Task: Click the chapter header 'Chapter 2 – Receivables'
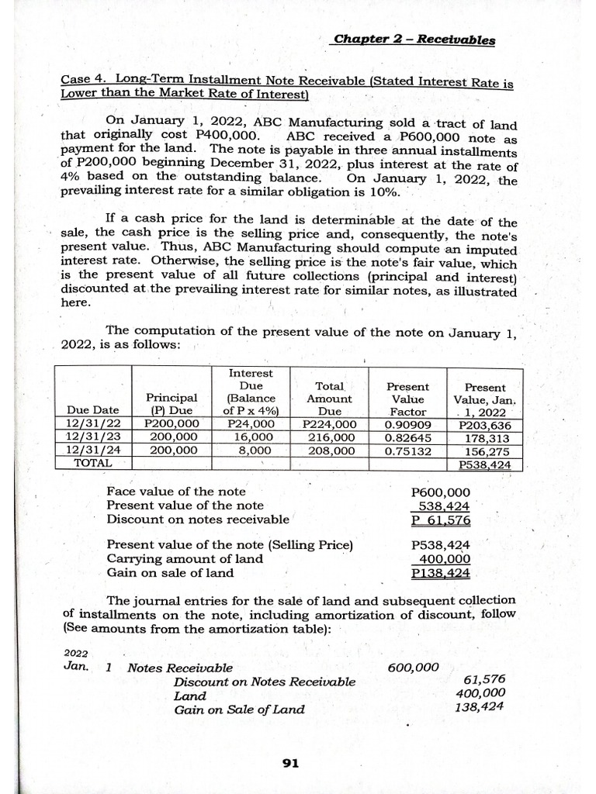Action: click(414, 40)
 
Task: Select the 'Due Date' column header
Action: click(93, 411)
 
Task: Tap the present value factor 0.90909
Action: click(408, 424)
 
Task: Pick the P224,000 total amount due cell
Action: click(330, 424)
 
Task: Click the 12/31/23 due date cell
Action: click(93, 437)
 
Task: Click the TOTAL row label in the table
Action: click(92, 462)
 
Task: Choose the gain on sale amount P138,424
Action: click(440, 573)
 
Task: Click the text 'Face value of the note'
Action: click(176, 492)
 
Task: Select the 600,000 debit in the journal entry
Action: click(413, 667)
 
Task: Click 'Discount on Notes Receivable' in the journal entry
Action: click(265, 681)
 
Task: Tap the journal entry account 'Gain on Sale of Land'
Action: click(239, 709)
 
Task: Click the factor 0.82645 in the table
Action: click(408, 437)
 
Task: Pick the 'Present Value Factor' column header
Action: click(408, 399)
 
